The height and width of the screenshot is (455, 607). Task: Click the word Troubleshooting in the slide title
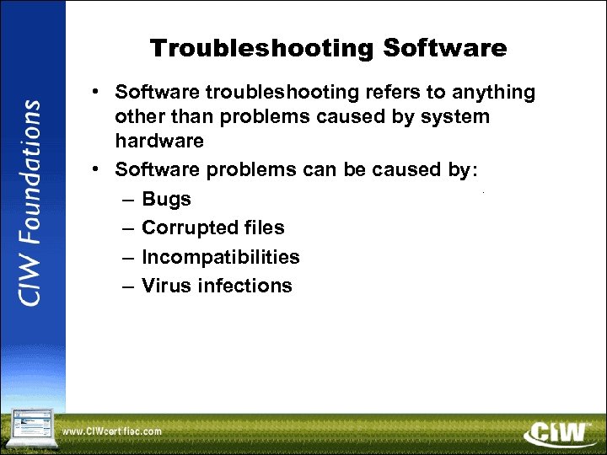(x=261, y=48)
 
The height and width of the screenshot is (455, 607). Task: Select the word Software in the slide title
(x=444, y=48)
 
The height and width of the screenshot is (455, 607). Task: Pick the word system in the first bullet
(x=458, y=116)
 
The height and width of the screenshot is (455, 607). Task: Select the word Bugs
(x=166, y=200)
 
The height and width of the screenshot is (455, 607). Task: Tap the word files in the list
(x=261, y=227)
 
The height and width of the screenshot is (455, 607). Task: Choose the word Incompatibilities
(x=220, y=257)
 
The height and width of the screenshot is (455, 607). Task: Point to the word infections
(x=244, y=286)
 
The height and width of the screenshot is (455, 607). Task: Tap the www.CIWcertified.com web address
(x=111, y=432)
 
